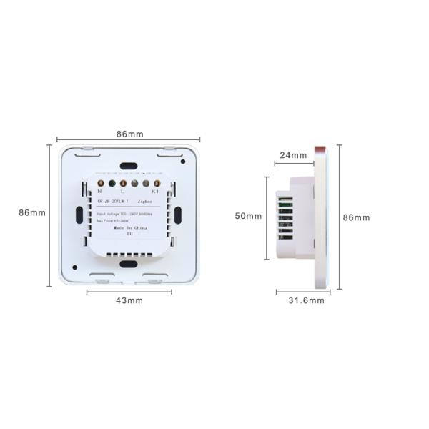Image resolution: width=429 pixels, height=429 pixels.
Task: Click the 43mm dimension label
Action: coord(129,300)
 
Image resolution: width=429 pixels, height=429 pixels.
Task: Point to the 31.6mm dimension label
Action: coord(306,301)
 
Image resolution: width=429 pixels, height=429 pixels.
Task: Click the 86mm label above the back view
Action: coord(129,134)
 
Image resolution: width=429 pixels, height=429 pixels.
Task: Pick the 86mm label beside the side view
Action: coord(357,217)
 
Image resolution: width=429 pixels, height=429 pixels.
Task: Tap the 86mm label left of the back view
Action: coord(32,212)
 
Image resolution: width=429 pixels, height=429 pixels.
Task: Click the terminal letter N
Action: coord(99,192)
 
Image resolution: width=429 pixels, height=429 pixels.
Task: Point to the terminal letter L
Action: coord(122,192)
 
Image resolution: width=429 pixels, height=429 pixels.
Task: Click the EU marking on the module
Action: coord(129,233)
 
